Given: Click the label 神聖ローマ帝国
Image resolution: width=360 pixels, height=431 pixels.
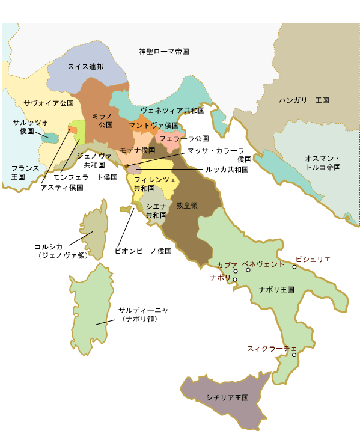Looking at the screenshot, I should click(164, 52).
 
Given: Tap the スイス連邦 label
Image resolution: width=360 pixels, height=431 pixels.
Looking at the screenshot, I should click(85, 66).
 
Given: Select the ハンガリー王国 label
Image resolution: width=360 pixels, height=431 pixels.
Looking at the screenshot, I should click(304, 101).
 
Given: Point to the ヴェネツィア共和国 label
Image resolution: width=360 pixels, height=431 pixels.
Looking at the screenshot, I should click(172, 111).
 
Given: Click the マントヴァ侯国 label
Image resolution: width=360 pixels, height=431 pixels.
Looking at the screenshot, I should click(154, 125).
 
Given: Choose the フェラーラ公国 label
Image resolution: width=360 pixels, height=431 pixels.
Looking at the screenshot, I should click(184, 138).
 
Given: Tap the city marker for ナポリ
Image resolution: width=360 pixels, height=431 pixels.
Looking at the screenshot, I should click(235, 280).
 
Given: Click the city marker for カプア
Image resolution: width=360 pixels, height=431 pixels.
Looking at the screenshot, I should click(236, 271).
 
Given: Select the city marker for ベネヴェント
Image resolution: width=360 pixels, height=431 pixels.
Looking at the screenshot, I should click(248, 271).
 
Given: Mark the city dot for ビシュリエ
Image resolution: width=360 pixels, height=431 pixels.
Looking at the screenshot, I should click(294, 267).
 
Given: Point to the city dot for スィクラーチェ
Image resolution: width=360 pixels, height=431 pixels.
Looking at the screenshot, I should click(294, 355).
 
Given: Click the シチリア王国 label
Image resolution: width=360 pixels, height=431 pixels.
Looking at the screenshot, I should click(227, 397).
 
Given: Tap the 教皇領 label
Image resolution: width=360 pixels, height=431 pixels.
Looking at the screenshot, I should click(187, 205).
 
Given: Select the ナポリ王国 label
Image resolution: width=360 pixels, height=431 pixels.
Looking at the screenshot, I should click(276, 290).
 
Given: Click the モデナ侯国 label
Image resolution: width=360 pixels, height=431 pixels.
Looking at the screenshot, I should click(138, 150).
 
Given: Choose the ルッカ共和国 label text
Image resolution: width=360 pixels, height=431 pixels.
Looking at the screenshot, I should click(227, 170).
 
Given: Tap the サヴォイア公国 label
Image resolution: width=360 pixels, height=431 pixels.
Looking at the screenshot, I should click(49, 103).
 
